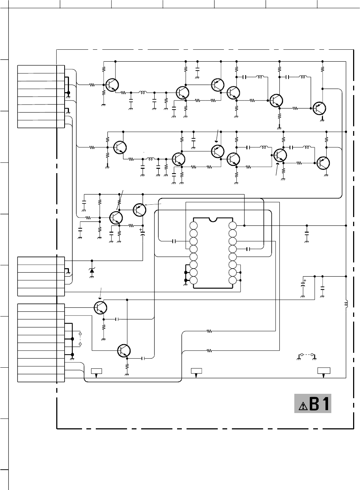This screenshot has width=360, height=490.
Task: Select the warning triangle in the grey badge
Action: click(303, 406)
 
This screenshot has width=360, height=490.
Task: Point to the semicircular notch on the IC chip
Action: click(213, 219)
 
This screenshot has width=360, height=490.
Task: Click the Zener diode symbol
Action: click(92, 270)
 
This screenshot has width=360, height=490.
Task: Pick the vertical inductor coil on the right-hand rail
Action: click(346, 303)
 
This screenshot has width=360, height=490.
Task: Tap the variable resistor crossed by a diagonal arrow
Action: click(119, 202)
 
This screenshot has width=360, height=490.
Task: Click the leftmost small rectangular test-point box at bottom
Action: click(97, 371)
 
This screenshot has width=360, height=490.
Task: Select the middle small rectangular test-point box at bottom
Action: click(196, 371)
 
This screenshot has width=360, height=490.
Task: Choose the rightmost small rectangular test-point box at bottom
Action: click(324, 371)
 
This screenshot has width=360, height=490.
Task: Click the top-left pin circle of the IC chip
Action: click(193, 225)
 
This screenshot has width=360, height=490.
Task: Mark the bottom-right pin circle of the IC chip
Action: click(233, 281)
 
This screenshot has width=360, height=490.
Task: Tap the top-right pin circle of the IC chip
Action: click(233, 225)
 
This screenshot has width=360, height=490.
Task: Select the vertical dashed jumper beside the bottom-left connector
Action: click(80, 339)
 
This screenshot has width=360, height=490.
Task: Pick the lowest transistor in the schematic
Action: click(124, 351)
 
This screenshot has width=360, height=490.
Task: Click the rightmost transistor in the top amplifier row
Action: click(319, 108)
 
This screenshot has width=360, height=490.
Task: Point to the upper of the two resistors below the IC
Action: click(209, 331)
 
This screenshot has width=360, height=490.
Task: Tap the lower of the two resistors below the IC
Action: click(209, 351)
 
